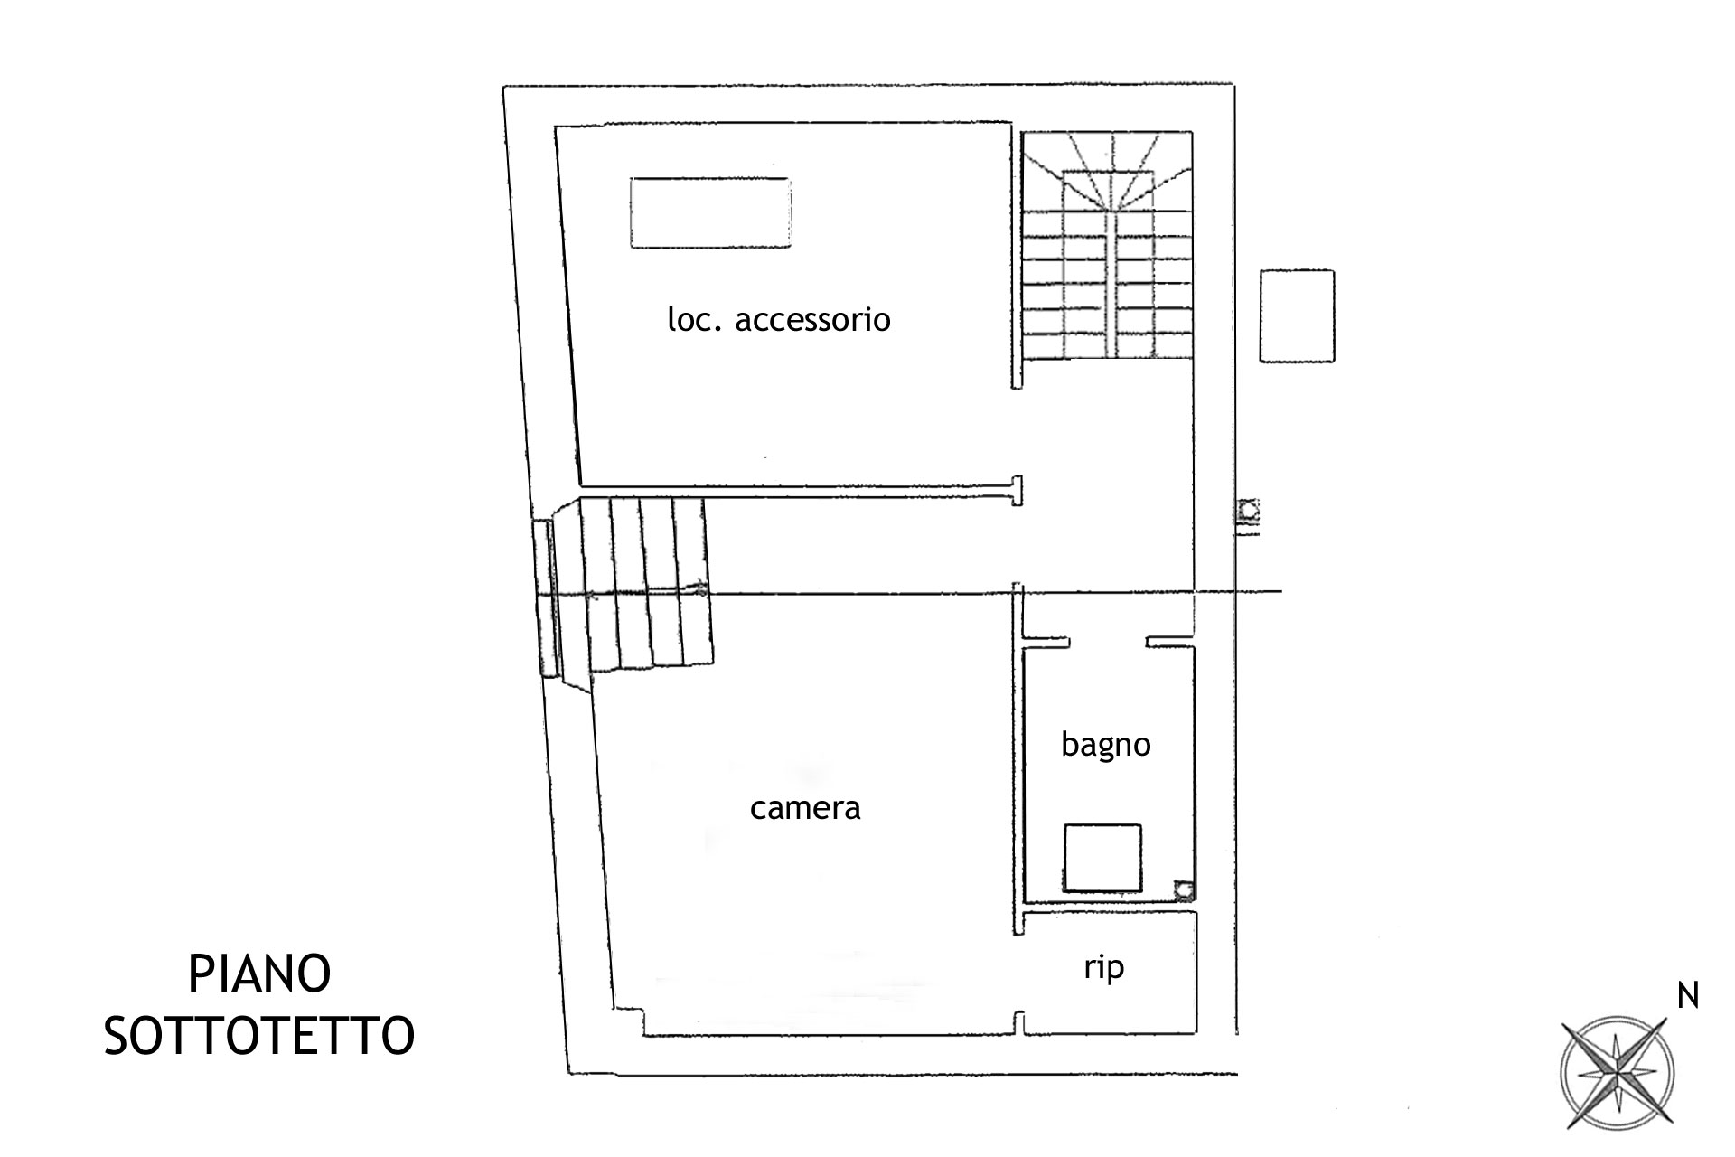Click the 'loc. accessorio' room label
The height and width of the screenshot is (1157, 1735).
click(x=779, y=319)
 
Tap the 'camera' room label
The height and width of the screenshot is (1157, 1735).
click(x=805, y=807)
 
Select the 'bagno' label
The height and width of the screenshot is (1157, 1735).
click(x=1106, y=745)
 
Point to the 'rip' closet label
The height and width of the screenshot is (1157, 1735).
click(x=1103, y=968)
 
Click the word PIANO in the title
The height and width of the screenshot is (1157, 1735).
click(x=259, y=974)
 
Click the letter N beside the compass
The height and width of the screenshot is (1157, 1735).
click(x=1688, y=996)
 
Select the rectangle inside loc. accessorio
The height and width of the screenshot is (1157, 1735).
click(x=710, y=213)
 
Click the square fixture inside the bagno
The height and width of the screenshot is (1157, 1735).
click(x=1102, y=857)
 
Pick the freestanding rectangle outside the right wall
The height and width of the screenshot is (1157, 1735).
click(x=1297, y=316)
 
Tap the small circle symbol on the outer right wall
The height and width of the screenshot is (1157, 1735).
click(x=1249, y=511)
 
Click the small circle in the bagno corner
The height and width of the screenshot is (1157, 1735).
click(x=1183, y=889)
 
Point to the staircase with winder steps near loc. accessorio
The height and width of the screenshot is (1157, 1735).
click(x=1108, y=245)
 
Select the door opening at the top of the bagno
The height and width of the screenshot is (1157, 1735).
click(x=1108, y=642)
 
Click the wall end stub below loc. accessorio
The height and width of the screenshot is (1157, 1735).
click(x=1018, y=491)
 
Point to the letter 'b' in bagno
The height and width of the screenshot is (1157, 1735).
click(x=1069, y=743)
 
